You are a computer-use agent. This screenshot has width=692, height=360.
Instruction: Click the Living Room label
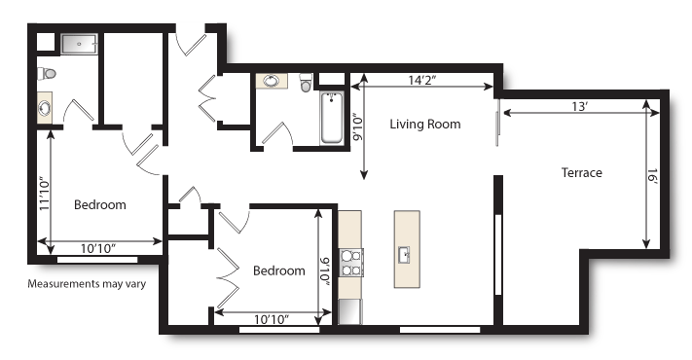(x=424, y=125)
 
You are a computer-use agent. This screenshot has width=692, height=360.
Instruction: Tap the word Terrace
(x=581, y=173)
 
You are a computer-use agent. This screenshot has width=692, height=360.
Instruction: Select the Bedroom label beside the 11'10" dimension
(x=100, y=205)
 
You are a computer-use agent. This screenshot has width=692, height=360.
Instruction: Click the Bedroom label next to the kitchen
(x=278, y=271)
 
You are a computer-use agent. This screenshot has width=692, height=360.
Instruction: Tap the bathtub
(x=332, y=117)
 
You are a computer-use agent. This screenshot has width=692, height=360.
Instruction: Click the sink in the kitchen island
(x=404, y=256)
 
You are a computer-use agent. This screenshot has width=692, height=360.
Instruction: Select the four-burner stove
(x=351, y=263)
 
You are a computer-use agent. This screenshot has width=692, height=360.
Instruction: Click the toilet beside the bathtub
(x=306, y=85)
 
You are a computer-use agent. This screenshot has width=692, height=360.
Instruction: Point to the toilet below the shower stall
(x=48, y=73)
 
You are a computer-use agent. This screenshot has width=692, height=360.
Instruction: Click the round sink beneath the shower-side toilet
(x=45, y=109)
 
